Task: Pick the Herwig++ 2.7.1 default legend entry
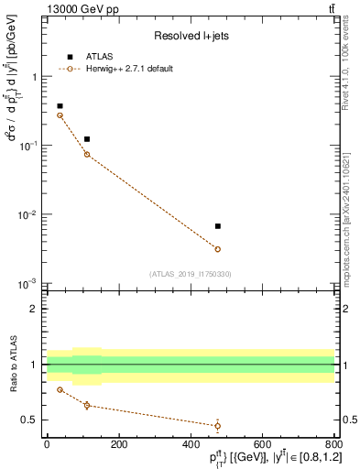pyautogui.click(x=126, y=69)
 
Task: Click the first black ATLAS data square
pyautogui.click(x=60, y=106)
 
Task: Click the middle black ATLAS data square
pyautogui.click(x=87, y=139)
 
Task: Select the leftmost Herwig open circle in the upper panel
pyautogui.click(x=60, y=115)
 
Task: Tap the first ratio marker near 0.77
pyautogui.click(x=60, y=389)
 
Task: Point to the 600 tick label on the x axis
pyautogui.click(x=263, y=445)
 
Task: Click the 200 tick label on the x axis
pyautogui.click(x=118, y=445)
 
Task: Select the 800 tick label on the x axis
pyautogui.click(x=334, y=445)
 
